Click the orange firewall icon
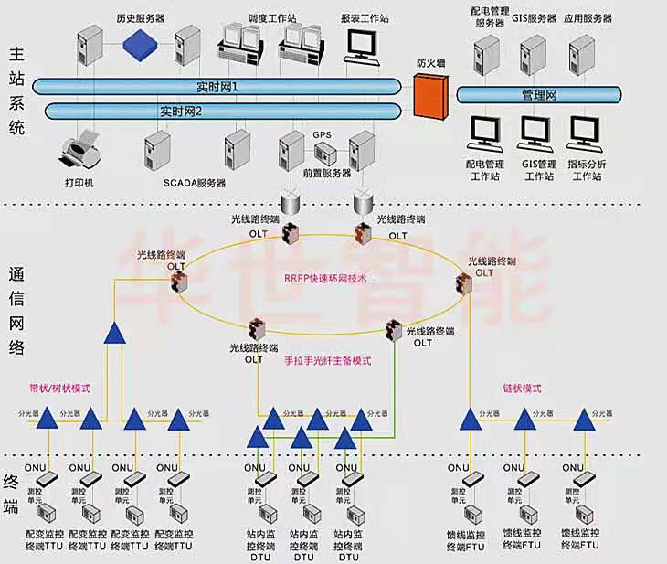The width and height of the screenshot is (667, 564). tap(429, 93)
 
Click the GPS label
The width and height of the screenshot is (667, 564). tap(322, 134)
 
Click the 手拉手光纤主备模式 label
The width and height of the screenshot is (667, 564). tap(330, 360)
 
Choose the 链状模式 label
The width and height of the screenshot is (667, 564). tap(522, 388)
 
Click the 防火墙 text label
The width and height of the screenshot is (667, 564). tap(429, 63)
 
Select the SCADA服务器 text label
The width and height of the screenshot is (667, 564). tap(195, 183)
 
